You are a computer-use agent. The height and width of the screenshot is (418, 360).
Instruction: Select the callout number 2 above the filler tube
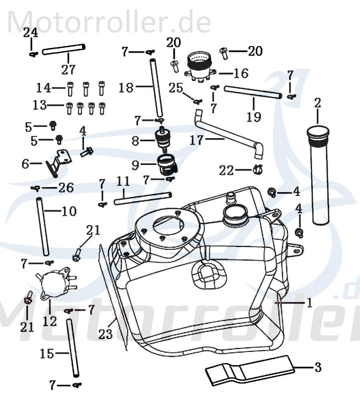pos(317,103)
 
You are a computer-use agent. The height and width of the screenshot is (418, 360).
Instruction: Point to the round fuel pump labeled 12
pos(54,283)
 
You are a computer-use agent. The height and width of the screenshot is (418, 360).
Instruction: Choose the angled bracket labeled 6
pos(58,162)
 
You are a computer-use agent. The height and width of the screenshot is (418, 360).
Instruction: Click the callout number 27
pos(68,70)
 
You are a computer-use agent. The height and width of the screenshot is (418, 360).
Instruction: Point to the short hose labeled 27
pos(64,49)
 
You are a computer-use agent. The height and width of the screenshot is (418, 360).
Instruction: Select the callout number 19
pos(254,117)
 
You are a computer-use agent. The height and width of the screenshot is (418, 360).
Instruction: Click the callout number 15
pos(47,354)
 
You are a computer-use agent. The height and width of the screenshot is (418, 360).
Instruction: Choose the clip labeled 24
pos(33,54)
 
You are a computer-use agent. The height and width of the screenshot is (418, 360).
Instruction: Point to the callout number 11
pos(123,182)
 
